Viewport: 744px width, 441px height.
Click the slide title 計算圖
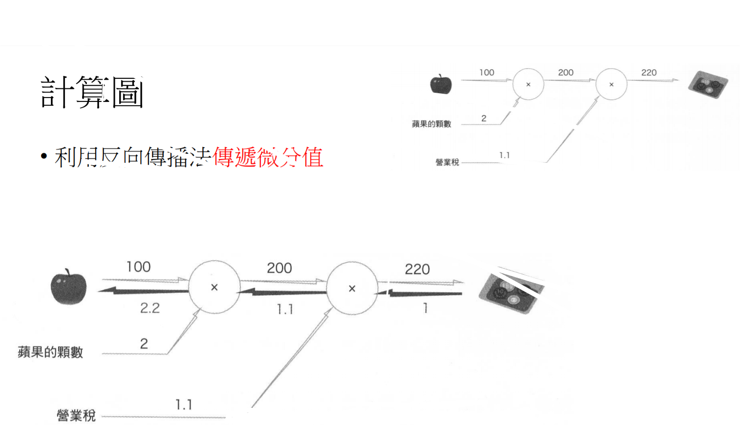pos(92,92)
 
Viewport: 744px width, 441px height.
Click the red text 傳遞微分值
pos(268,157)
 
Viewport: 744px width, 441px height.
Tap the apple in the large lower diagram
pos(69,287)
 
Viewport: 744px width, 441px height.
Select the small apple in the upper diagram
pos(440,85)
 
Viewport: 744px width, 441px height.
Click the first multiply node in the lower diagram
pos(214,287)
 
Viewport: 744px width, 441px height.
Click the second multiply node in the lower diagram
pos(352,288)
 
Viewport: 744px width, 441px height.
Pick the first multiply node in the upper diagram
pos(528,85)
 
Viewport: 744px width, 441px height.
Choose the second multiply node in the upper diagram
pos(611,85)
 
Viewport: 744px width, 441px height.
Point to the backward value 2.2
pos(150,308)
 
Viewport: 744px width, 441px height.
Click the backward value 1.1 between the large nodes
pos(285,309)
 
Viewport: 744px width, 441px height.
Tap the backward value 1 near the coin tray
pos(425,308)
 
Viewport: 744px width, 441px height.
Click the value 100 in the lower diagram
pos(138,267)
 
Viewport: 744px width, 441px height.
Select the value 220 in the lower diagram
pos(417,269)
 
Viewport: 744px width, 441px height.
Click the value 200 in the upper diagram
pos(565,73)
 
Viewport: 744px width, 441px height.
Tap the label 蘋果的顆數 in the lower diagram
pos(50,352)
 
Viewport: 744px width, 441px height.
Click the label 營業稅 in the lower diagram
pos(76,415)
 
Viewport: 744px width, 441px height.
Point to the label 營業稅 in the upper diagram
pos(447,162)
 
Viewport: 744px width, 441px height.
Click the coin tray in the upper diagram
pos(708,85)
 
